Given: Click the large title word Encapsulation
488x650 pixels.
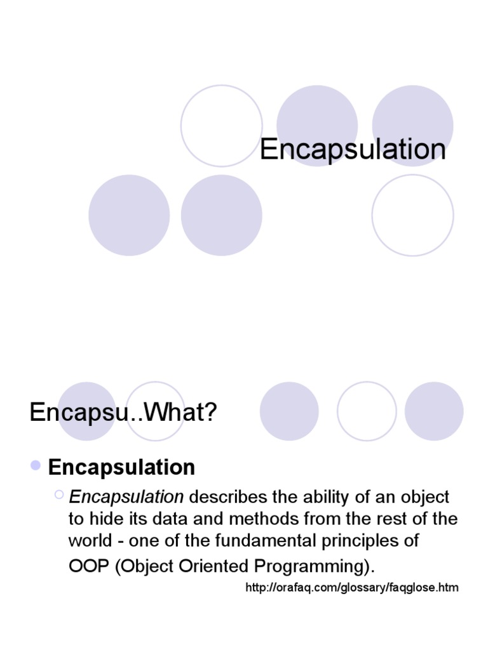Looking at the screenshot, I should pos(353,150).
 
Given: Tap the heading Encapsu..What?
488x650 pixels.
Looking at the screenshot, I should pos(123,414).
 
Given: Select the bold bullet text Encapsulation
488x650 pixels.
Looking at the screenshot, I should pos(121,467).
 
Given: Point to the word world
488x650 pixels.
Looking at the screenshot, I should pos(87,541).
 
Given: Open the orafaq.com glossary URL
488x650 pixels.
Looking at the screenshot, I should pos(351,588).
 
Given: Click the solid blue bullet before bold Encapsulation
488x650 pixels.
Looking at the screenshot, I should pos(36,467).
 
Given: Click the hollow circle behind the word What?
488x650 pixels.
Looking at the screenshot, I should pos(156,411).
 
